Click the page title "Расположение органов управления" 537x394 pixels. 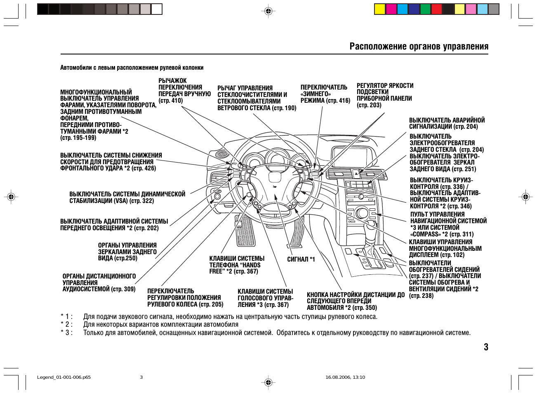[x=419, y=46]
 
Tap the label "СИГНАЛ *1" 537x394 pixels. [x=301, y=259]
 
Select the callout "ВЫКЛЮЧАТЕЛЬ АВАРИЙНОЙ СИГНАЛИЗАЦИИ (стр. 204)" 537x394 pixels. [x=447, y=123]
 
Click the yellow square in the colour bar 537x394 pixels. [x=380, y=9]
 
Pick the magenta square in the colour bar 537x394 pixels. [x=391, y=9]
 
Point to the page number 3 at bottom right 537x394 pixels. [x=486, y=347]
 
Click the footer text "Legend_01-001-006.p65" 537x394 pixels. [x=64, y=377]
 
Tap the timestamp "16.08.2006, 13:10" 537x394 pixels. [x=345, y=377]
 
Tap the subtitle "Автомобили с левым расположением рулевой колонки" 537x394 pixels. [x=132, y=68]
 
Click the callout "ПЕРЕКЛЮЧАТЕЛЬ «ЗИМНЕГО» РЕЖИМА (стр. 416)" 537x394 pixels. [x=325, y=94]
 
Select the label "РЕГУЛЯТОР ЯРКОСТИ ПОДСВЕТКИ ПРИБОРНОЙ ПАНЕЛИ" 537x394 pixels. [x=385, y=95]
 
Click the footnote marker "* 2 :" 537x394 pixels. [x=66, y=324]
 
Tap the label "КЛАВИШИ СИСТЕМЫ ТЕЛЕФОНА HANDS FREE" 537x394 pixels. [x=237, y=265]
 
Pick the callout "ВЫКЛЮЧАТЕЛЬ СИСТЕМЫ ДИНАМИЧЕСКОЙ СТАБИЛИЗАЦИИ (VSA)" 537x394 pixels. [x=127, y=197]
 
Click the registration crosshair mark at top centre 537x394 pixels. [x=268, y=11]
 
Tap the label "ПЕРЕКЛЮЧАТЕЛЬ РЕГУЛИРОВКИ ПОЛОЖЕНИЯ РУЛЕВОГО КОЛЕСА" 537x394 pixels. [x=185, y=297]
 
